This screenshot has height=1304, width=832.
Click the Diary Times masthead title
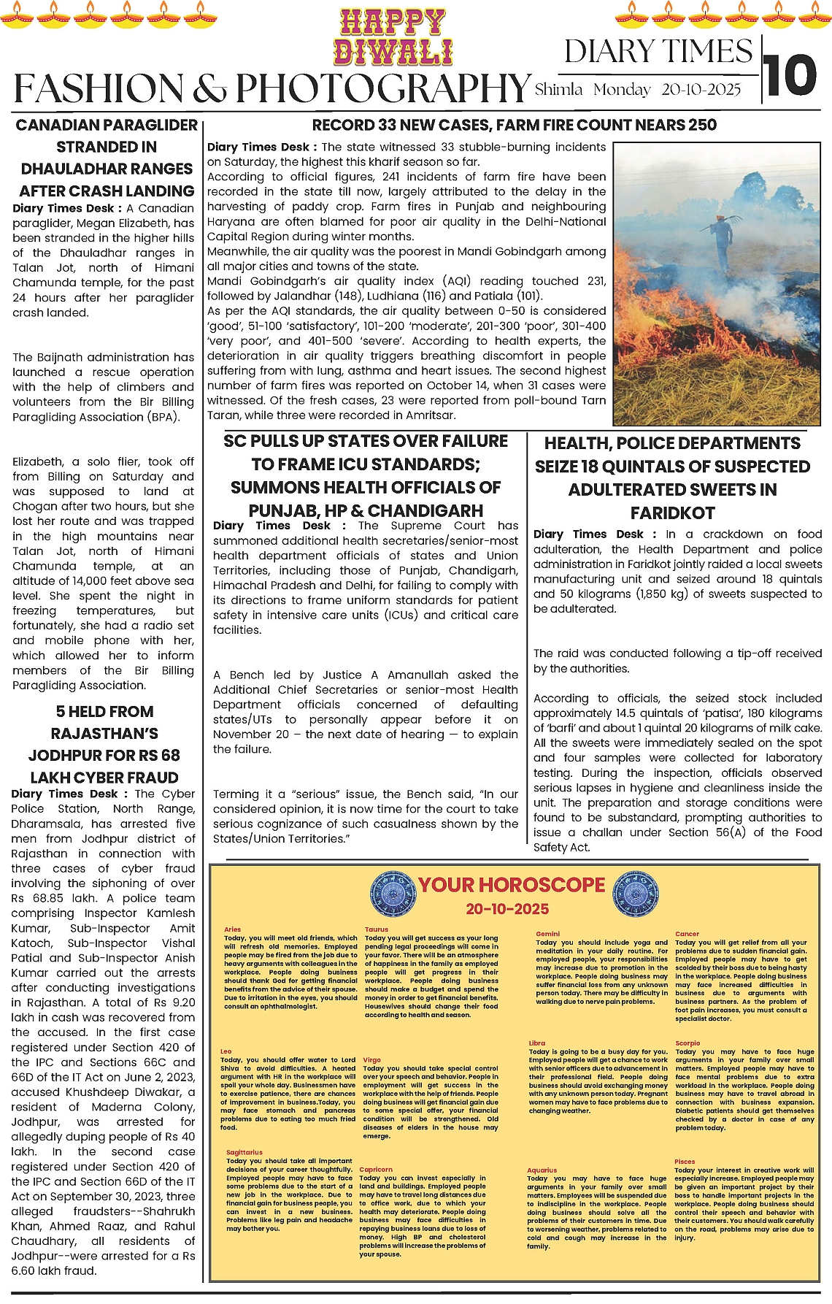[x=658, y=52]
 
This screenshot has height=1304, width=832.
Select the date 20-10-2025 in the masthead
[x=701, y=90]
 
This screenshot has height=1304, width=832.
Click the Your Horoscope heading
[x=512, y=885]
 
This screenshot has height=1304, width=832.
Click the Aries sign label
[x=232, y=929]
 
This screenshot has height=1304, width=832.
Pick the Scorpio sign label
[x=687, y=1043]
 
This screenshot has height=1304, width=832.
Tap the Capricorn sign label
[x=376, y=1169]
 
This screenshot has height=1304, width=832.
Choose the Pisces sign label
[x=685, y=1161]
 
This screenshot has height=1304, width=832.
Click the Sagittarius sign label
[x=244, y=1152]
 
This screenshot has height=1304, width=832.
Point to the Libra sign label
[x=537, y=1043]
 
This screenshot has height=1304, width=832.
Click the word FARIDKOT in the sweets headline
[x=672, y=513]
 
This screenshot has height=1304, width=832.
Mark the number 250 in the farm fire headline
[x=701, y=125]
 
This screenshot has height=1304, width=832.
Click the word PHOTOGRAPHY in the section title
[x=382, y=88]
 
